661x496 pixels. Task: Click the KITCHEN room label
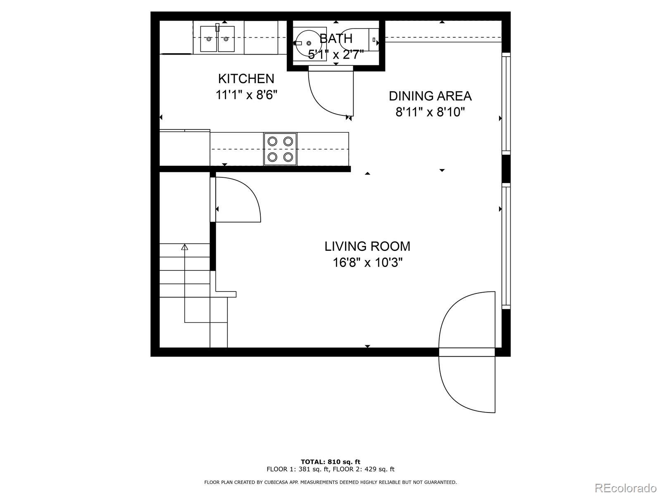pos(246,79)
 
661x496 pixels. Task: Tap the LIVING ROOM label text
pos(367,246)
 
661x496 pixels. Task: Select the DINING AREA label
pos(430,96)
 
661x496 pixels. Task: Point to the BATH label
pos(336,38)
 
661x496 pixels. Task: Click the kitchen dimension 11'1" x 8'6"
pos(246,95)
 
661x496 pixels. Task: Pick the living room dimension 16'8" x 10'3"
pos(367,262)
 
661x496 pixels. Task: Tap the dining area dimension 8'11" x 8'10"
pos(430,112)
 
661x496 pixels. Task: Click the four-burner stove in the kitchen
pos(280,149)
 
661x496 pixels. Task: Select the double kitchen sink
pos(217,38)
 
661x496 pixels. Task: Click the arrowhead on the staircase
pos(185,247)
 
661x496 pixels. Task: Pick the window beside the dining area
pos(506,104)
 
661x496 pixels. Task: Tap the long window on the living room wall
pos(506,246)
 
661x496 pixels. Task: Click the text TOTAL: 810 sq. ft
pos(330,462)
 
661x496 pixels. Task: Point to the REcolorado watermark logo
pos(626,488)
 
